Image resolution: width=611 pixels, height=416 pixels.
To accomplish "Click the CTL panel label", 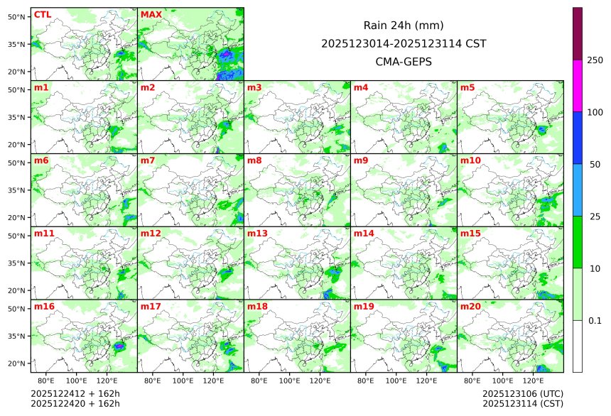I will coord(42,15).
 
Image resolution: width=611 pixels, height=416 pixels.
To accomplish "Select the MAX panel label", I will coord(151,15).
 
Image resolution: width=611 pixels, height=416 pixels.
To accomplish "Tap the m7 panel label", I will coord(148,160).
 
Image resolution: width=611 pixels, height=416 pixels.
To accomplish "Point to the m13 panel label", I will coord(257,234).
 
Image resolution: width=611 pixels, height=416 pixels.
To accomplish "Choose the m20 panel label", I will coord(470,307).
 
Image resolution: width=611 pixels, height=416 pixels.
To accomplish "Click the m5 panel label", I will coord(467,88).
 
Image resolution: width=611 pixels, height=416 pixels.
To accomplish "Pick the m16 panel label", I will coord(44,307).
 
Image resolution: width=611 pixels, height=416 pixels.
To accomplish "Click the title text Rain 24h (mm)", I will coord(403,26).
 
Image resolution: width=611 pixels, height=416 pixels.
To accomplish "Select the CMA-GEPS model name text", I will coord(403,61).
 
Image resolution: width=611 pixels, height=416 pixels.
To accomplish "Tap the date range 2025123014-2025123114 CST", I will coord(403,43).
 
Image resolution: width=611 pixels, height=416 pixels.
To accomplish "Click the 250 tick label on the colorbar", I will coord(595,60).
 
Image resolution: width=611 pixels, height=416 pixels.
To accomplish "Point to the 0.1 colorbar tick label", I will coord(595,321).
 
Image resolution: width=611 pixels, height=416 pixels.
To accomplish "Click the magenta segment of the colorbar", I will coord(578,85).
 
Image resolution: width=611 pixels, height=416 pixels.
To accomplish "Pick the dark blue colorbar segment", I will coord(578,138).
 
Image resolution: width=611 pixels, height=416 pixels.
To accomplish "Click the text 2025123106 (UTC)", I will coord(522,393).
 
